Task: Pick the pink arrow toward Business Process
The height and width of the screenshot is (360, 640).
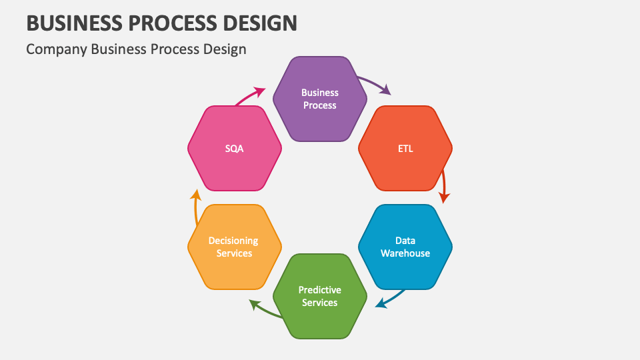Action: coord(250,95)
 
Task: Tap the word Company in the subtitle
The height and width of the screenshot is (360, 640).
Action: coord(56,49)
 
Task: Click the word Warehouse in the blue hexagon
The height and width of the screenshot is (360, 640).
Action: coord(405,253)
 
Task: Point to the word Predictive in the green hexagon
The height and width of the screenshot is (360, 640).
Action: coord(320,290)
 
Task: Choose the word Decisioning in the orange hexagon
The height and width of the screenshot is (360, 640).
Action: coord(233,241)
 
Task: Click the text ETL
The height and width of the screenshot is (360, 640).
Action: coord(405,149)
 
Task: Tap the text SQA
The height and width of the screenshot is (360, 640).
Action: coord(235,149)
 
